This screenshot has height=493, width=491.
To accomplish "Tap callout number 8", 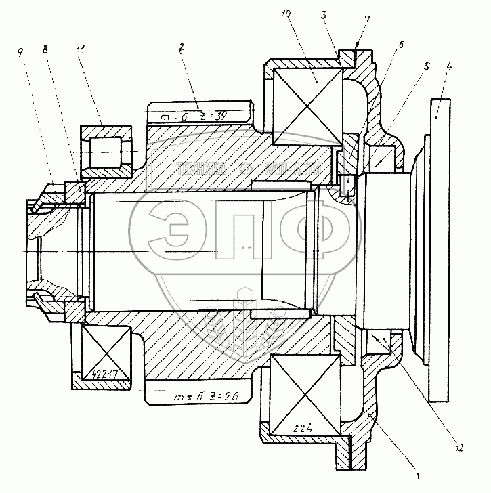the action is pyautogui.click(x=45, y=49).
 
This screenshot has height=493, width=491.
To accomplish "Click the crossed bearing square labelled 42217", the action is pyautogui.click(x=105, y=352).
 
